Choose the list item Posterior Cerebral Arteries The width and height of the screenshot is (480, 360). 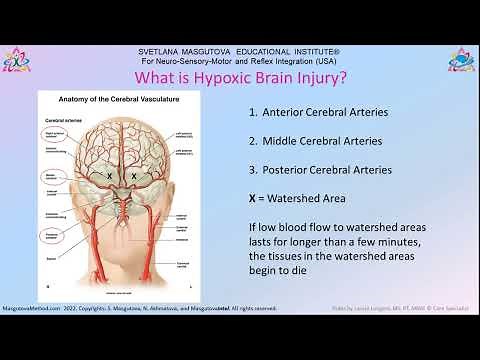coord(320,170)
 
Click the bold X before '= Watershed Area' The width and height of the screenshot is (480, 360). coord(252,198)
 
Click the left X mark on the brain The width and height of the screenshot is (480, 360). coord(109,175)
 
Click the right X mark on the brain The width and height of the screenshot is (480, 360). coord(134,175)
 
